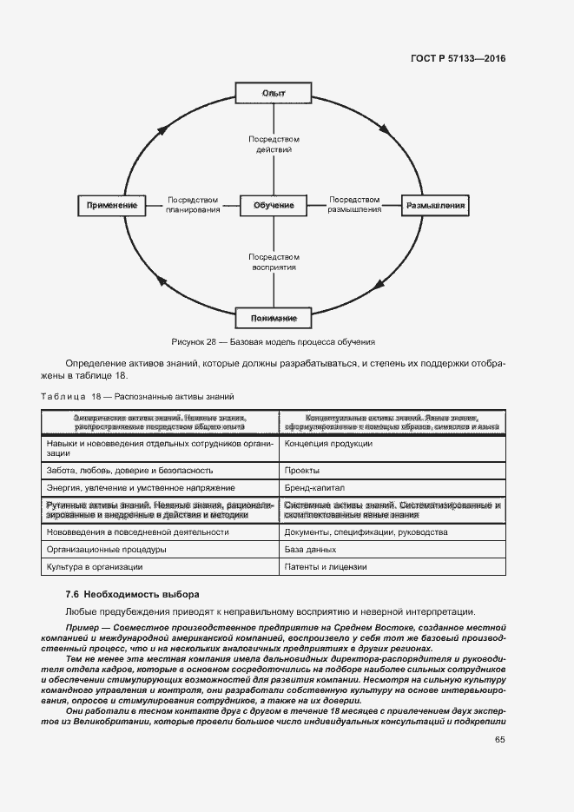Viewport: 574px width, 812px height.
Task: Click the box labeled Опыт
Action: click(x=274, y=93)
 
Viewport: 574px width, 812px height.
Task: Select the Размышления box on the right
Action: click(x=433, y=206)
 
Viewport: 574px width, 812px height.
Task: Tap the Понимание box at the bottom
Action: click(x=274, y=317)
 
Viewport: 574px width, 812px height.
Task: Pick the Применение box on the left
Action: click(x=113, y=206)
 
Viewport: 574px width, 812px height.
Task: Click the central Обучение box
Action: click(x=274, y=206)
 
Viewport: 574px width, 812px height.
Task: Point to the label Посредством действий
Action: click(x=274, y=144)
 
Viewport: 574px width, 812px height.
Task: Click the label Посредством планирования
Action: click(x=193, y=205)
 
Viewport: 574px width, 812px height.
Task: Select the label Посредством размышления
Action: click(x=354, y=205)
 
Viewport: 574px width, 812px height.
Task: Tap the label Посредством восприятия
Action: click(x=274, y=262)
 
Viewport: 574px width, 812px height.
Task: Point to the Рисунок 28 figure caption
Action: click(x=274, y=341)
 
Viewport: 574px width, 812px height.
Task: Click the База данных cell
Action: click(x=310, y=550)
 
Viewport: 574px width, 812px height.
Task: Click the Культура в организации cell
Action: click(x=95, y=567)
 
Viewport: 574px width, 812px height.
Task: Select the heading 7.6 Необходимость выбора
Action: click(x=132, y=595)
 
